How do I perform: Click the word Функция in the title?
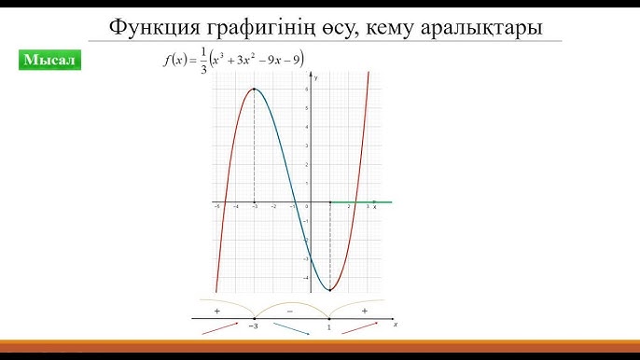(150, 26)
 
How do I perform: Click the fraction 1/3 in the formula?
(202, 62)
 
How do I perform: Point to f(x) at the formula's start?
(174, 62)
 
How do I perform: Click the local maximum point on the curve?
(255, 90)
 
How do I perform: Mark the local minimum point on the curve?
(330, 290)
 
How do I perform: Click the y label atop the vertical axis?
(317, 79)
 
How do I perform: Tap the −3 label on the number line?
(254, 328)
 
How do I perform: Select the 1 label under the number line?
(329, 328)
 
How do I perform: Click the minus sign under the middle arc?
(290, 310)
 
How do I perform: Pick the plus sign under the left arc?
(216, 310)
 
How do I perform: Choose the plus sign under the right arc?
(364, 310)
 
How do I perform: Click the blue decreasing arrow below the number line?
(292, 329)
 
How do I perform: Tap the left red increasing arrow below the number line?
(219, 328)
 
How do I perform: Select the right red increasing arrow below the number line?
(360, 328)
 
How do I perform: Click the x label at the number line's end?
(396, 325)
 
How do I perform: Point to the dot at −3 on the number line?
(255, 319)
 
